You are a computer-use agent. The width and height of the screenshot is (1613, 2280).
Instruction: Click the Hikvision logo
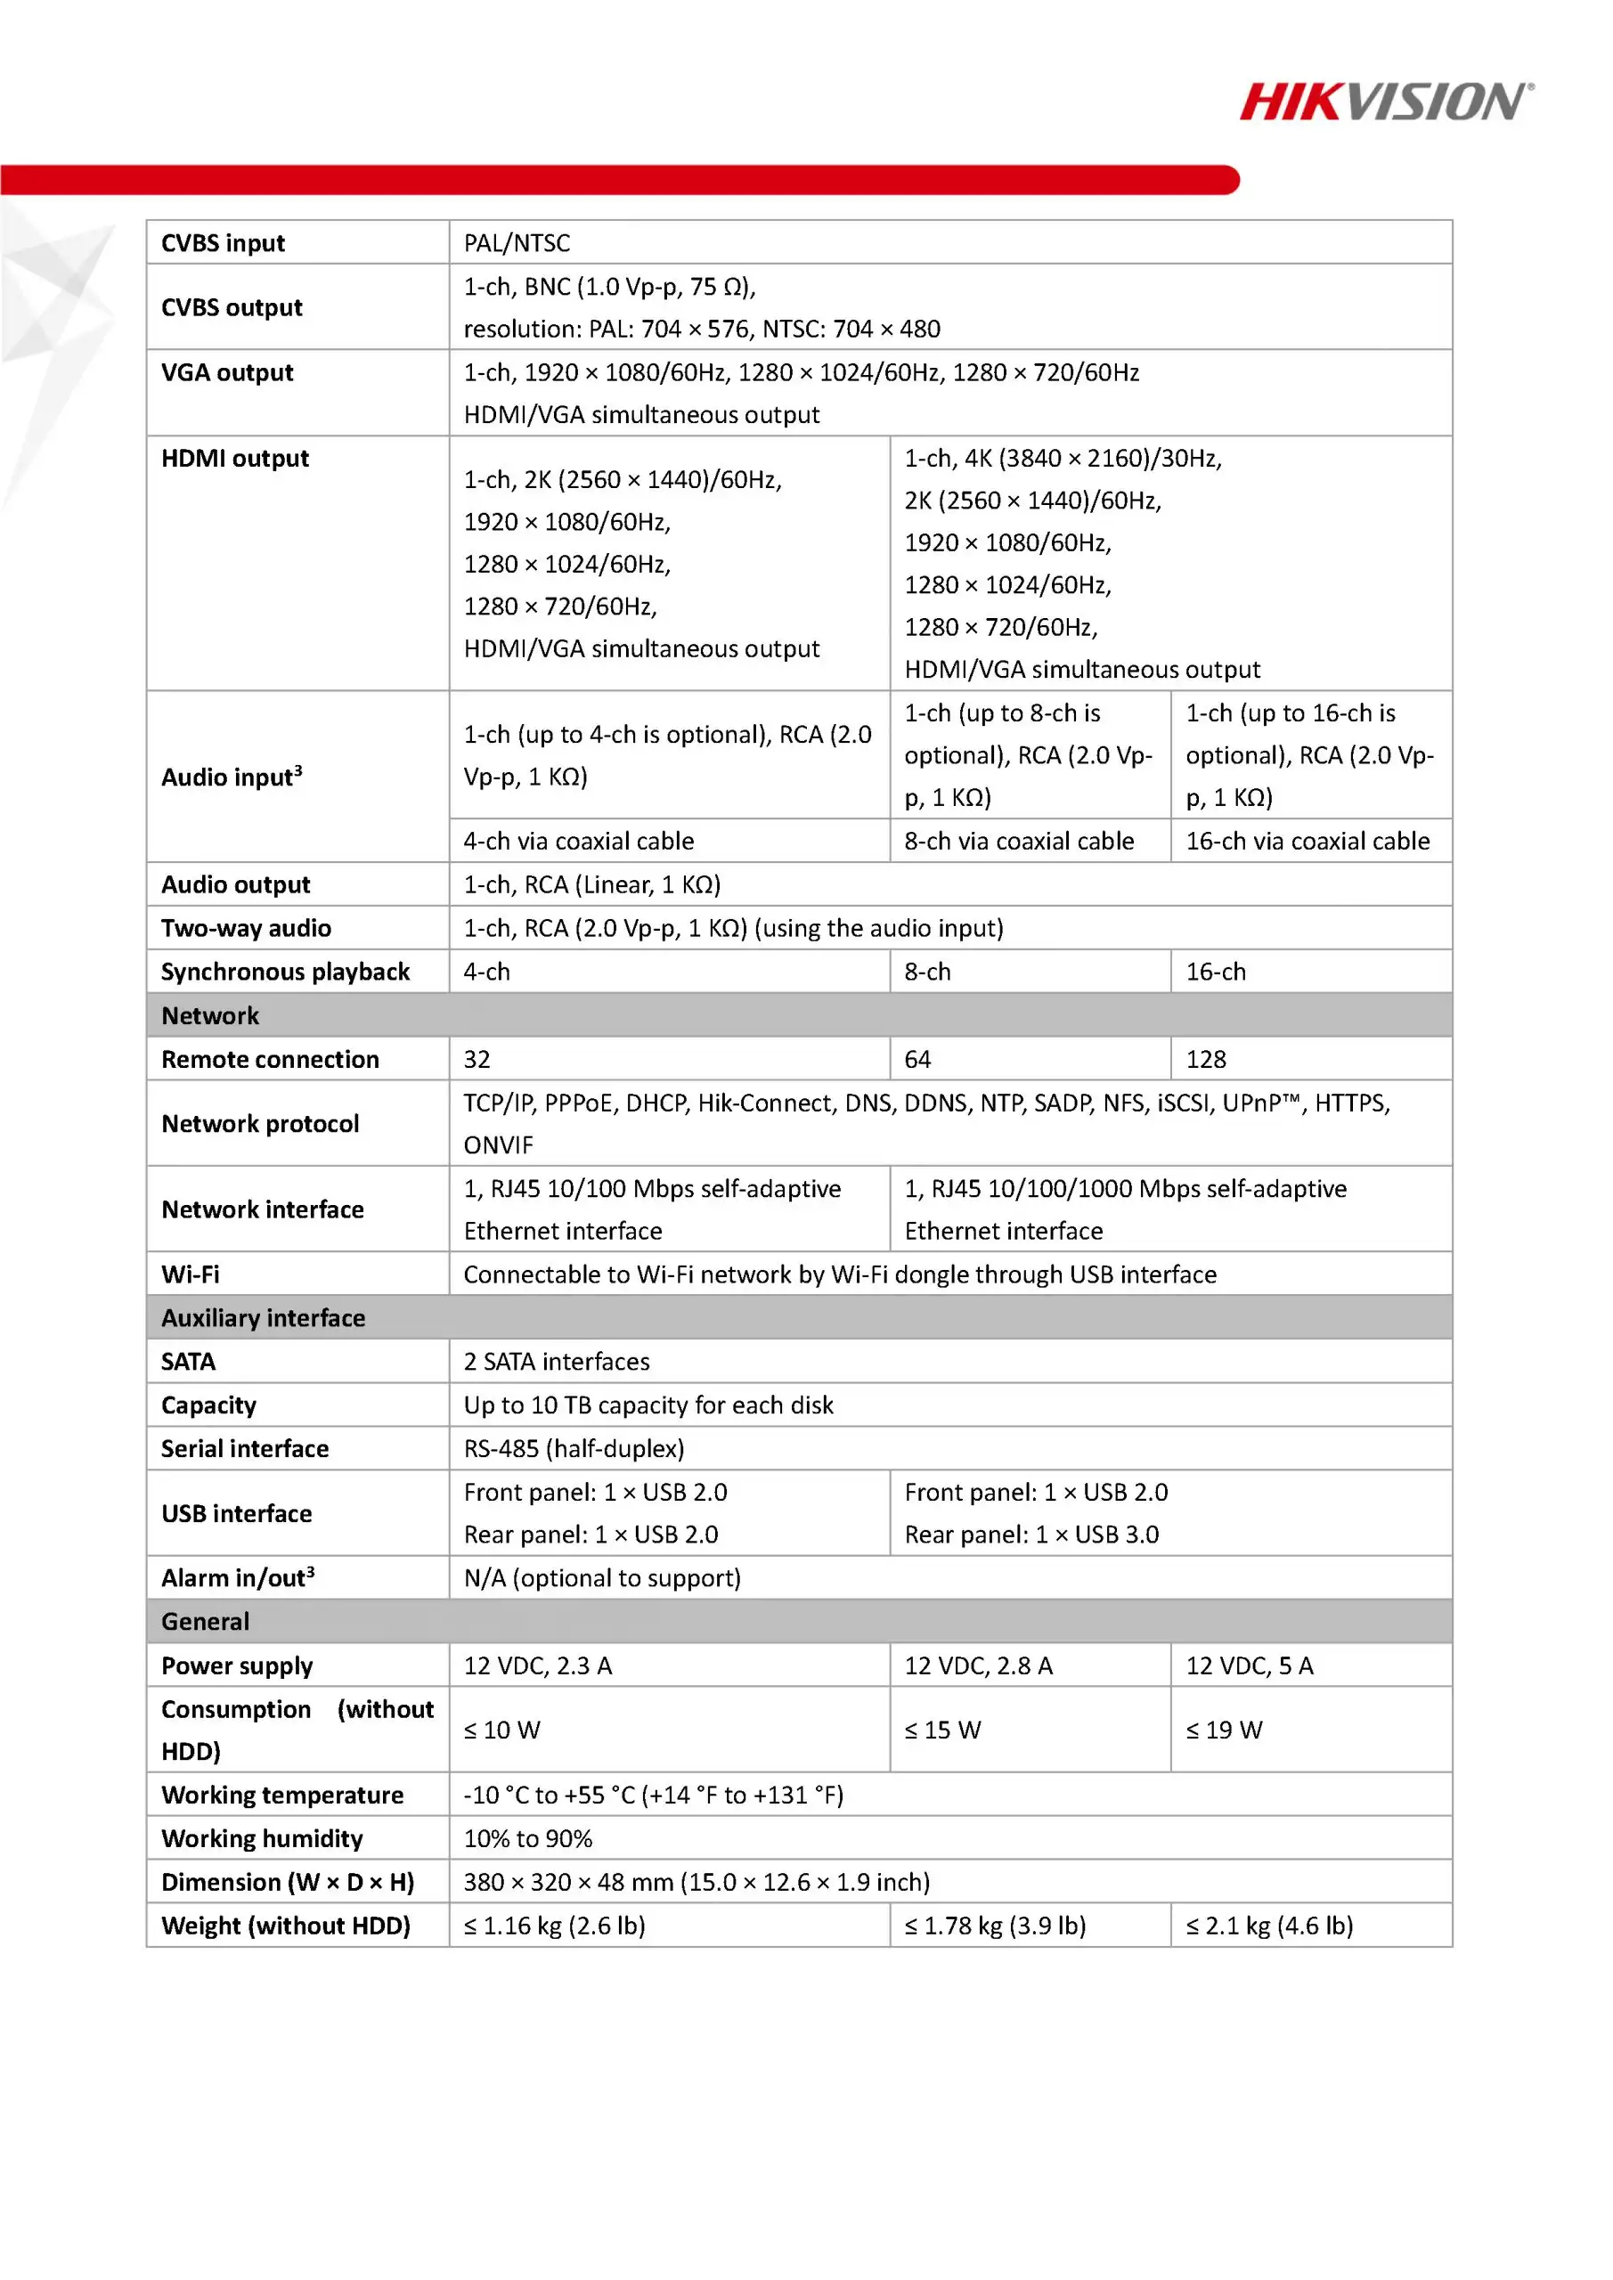coord(1386,102)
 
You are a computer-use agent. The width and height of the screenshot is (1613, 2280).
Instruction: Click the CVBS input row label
coord(223,243)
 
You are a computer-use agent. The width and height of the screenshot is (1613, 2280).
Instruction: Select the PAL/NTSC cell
coord(517,243)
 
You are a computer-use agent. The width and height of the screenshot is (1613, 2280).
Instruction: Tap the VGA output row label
coord(227,372)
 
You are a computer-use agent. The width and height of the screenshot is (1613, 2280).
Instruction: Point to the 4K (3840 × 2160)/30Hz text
coord(1063,458)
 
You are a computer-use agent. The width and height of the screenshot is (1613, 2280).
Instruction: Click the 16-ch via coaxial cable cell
coord(1308,841)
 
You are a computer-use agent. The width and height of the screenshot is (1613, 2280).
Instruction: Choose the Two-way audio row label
coord(247,929)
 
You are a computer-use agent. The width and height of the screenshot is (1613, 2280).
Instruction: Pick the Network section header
coord(209,1016)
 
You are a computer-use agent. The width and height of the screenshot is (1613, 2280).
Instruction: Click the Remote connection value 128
coord(1206,1060)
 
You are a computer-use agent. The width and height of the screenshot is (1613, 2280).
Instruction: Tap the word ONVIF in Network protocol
coord(499,1145)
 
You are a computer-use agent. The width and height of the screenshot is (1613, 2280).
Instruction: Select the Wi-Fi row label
coord(191,1274)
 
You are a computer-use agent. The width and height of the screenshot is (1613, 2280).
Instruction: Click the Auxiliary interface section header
coord(264,1318)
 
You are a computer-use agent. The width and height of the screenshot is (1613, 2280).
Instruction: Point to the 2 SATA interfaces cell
coord(556,1362)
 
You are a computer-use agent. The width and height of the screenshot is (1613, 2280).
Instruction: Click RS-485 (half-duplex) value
coord(574,1449)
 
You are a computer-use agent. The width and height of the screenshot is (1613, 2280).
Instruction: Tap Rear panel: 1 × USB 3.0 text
coord(1031,1535)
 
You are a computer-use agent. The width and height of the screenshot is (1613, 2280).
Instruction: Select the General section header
coord(206,1622)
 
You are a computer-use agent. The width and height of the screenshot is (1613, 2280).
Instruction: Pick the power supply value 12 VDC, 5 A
coord(1249,1665)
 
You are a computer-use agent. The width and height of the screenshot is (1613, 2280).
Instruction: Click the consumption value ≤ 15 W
coord(941,1730)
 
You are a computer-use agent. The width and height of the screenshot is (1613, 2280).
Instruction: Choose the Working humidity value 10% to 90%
coord(527,1839)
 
